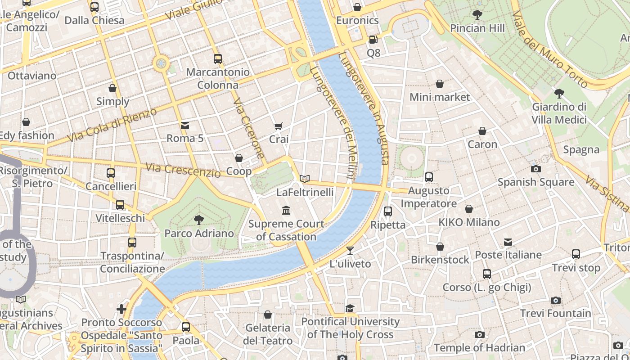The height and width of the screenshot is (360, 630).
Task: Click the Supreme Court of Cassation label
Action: (286, 230)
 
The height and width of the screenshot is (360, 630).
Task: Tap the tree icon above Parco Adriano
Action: (198, 220)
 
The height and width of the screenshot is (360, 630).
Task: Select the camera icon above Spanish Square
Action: (536, 169)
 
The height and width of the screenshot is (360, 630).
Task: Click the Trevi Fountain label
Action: (556, 313)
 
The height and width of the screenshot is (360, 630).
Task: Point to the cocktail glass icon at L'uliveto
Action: (350, 251)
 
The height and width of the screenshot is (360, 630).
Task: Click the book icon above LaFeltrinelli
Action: (305, 179)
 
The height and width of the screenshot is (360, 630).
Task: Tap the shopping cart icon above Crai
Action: (279, 126)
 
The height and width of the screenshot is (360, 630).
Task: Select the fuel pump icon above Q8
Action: (373, 40)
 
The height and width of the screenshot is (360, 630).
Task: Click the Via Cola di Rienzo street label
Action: (112, 125)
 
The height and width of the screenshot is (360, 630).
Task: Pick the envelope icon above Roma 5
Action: (185, 125)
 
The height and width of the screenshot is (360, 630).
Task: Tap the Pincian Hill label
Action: (477, 28)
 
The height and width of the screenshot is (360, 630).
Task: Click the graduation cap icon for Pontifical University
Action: (350, 308)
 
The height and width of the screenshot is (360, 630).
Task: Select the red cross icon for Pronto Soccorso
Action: (121, 309)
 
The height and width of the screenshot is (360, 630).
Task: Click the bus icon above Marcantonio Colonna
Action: (218, 58)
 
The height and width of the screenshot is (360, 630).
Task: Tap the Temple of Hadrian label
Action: (480, 348)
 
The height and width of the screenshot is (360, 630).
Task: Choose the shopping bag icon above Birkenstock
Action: (440, 247)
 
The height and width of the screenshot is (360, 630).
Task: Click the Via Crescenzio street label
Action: (183, 170)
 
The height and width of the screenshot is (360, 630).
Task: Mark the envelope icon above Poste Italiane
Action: (508, 242)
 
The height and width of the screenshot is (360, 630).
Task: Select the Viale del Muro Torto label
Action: (550, 49)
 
